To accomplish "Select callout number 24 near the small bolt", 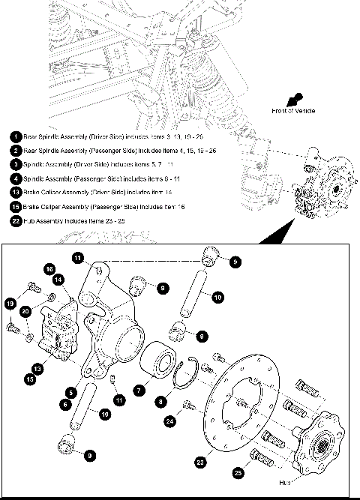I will click(169, 421).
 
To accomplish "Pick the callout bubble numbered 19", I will click(10, 304).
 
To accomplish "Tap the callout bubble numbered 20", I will click(25, 311).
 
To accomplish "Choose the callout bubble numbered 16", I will click(49, 269).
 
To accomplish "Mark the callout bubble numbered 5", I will click(69, 391).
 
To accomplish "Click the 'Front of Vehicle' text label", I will click(292, 110).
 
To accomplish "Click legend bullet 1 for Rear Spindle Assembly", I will click(16, 136).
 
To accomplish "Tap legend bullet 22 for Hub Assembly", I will click(16, 220).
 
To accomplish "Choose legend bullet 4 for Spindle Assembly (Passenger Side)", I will click(16, 178).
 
